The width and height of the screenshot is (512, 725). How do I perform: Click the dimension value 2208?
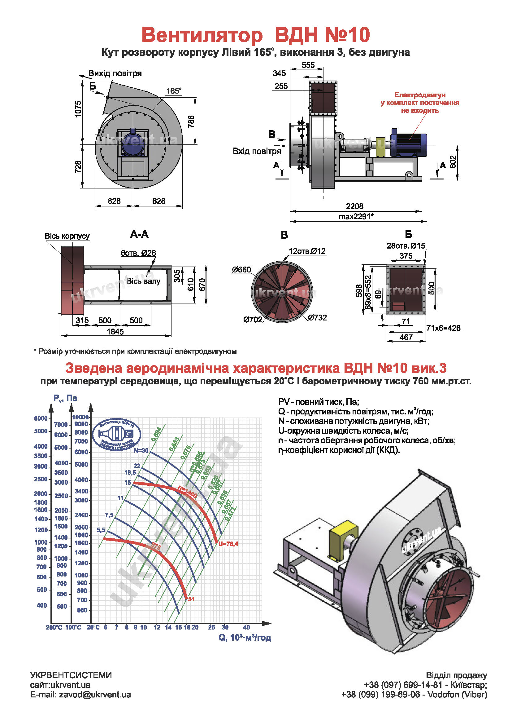tap(354, 206)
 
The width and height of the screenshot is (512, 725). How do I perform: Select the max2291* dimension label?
tap(356, 216)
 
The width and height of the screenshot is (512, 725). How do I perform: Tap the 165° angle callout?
tap(174, 91)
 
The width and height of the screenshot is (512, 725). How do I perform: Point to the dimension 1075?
tap(78, 109)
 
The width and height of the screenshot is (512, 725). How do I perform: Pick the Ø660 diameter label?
tap(241, 270)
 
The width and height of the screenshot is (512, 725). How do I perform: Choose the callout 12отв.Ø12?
tap(307, 251)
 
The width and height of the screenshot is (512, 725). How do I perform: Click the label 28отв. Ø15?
tap(406, 246)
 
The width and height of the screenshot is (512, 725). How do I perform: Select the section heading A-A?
tap(139, 234)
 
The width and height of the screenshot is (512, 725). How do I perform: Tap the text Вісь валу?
tap(143, 281)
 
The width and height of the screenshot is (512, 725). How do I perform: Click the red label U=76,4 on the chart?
tap(228, 544)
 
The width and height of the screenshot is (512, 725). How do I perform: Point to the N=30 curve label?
tap(141, 451)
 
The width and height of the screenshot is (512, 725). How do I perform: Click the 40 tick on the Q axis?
tap(246, 627)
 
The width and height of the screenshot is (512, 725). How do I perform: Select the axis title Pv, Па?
tap(65, 398)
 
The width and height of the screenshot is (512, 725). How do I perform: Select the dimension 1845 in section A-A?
tap(115, 332)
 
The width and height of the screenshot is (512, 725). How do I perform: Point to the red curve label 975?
tap(156, 546)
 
